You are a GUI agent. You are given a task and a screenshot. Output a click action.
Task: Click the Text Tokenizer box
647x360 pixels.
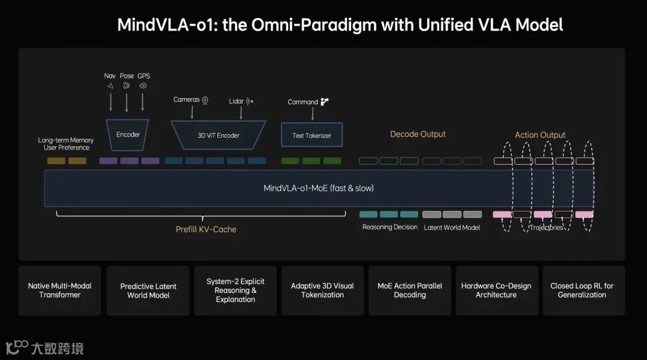[x=312, y=135]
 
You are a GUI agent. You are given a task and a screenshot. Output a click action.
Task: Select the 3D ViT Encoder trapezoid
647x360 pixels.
[x=218, y=135]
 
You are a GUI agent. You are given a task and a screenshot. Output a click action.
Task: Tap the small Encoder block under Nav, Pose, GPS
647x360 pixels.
[x=128, y=134]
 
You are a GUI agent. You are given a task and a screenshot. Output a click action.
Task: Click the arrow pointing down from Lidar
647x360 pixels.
[x=241, y=112]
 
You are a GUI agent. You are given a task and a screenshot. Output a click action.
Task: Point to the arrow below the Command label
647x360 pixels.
[x=312, y=114]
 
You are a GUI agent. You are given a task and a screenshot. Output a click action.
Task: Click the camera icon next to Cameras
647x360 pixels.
[x=205, y=100]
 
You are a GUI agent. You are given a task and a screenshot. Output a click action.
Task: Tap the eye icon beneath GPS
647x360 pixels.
[x=143, y=86]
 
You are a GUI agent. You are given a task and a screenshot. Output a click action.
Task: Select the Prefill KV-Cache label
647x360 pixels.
[x=206, y=229]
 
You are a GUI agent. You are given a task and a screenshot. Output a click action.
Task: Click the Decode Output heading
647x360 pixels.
[x=418, y=134]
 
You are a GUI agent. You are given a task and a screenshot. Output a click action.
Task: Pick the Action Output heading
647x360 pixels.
[x=540, y=135]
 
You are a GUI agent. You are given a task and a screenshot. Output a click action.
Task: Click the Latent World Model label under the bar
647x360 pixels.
[x=452, y=228]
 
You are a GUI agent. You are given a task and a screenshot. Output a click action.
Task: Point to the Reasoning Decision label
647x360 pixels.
[x=390, y=227]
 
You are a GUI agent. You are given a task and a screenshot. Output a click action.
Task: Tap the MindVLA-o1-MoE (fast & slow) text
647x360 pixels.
[x=318, y=188]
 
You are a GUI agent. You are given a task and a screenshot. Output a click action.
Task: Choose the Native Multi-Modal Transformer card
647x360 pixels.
[x=60, y=291]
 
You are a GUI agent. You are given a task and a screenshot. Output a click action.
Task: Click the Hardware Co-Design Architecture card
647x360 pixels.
[x=496, y=291]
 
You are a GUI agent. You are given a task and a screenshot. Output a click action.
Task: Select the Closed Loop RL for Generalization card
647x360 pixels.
[x=582, y=291]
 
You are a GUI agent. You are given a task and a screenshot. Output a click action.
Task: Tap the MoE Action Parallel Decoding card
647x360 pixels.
[x=410, y=291]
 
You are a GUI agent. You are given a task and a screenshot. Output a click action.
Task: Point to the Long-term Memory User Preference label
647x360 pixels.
[x=66, y=144]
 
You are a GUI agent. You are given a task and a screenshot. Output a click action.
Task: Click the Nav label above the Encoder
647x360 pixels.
[x=110, y=76]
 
